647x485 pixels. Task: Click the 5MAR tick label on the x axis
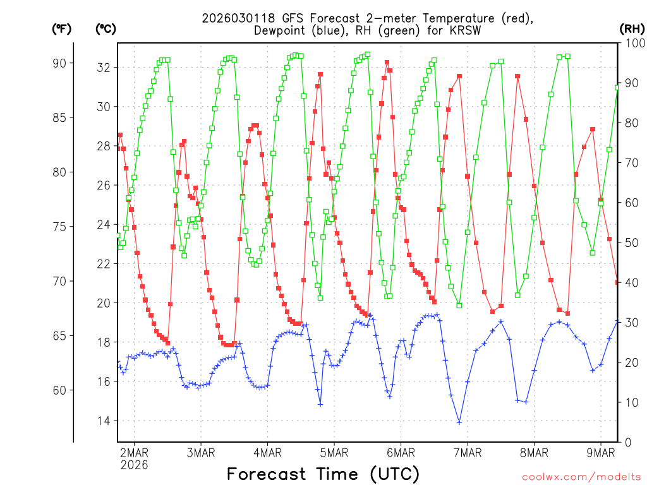coord(334,452)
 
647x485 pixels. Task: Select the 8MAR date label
coord(534,452)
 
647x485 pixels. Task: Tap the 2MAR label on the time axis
coord(134,452)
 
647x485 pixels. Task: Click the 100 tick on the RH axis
coord(632,43)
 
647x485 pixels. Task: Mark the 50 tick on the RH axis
coord(629,242)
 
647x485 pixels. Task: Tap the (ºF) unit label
coord(62,28)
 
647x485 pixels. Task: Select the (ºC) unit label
coord(106,28)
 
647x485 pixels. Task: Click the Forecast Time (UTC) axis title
coord(323,474)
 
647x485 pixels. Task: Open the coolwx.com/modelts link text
coord(581,476)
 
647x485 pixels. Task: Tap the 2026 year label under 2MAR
coord(134,465)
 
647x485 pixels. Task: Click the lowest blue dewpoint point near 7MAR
coord(459,422)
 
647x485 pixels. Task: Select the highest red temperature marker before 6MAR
coord(387,62)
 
